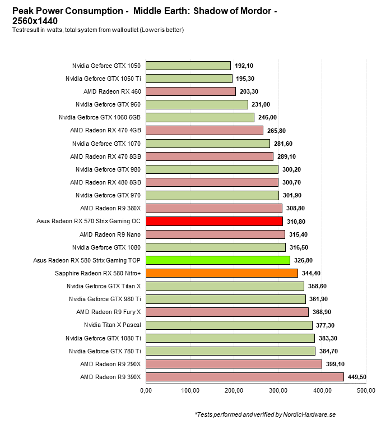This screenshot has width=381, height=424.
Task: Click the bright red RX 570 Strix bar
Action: click(x=214, y=221)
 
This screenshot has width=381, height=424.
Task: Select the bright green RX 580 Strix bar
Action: click(x=217, y=260)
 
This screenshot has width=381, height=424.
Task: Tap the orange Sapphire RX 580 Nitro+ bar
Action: click(x=221, y=273)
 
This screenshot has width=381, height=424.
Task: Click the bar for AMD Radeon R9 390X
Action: click(x=244, y=377)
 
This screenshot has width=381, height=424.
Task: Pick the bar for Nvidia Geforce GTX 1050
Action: click(x=188, y=65)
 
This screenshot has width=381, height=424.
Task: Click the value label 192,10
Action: click(x=244, y=66)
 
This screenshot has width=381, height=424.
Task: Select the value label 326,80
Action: click(x=303, y=260)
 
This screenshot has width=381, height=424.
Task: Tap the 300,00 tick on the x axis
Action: click(x=278, y=390)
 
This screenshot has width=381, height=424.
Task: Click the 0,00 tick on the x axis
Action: click(x=146, y=390)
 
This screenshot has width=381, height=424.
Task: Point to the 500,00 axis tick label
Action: click(x=366, y=390)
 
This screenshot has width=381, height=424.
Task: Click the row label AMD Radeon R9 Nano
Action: click(x=110, y=234)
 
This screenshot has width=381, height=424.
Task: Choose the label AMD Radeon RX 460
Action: click(x=112, y=91)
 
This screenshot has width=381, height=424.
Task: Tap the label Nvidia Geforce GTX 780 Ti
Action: click(x=105, y=351)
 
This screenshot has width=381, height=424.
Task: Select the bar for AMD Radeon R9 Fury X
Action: click(x=227, y=312)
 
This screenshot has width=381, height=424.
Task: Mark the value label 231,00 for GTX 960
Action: click(x=261, y=104)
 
